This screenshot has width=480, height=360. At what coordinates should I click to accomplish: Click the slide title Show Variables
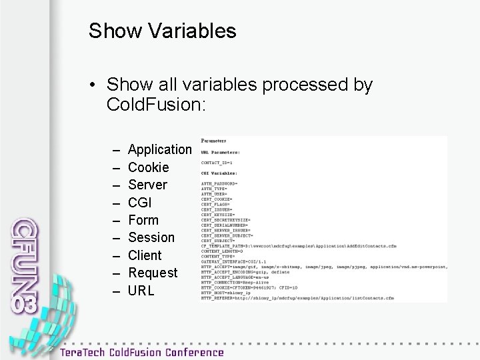click(x=162, y=31)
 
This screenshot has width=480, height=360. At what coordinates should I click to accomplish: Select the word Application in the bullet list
click(x=159, y=149)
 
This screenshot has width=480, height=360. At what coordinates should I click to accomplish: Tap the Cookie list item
click(x=148, y=167)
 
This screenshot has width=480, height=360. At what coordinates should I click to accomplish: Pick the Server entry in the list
click(x=147, y=184)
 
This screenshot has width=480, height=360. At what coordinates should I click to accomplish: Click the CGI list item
click(x=141, y=202)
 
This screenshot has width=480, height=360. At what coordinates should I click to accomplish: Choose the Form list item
click(x=143, y=219)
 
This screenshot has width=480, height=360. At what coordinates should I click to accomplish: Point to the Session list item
click(x=151, y=237)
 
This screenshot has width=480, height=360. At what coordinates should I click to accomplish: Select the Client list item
click(x=145, y=255)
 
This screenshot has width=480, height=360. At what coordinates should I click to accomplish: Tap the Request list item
click(x=153, y=273)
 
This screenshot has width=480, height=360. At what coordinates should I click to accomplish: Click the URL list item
click(x=141, y=290)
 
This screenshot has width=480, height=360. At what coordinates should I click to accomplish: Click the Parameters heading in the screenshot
click(x=214, y=141)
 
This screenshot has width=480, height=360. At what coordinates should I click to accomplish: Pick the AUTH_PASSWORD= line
click(x=220, y=183)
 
